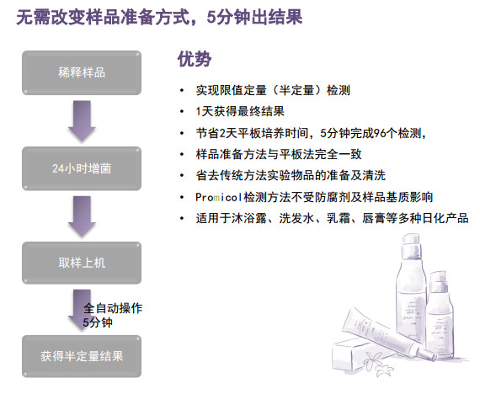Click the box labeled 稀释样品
tap(82, 73)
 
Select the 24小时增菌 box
tap(82, 168)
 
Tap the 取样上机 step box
tap(82, 263)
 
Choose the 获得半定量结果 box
tap(82, 356)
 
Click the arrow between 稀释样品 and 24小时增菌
tap(82, 121)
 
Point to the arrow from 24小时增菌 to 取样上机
tap(82, 216)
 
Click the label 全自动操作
tap(113, 308)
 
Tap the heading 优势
tap(195, 59)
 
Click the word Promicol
tap(219, 197)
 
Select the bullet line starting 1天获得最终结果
tap(240, 111)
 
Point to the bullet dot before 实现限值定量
tap(182, 90)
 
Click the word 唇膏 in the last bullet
tap(374, 218)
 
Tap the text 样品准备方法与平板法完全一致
tap(279, 154)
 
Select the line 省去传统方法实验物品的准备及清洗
tap(291, 176)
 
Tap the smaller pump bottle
tap(440, 316)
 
